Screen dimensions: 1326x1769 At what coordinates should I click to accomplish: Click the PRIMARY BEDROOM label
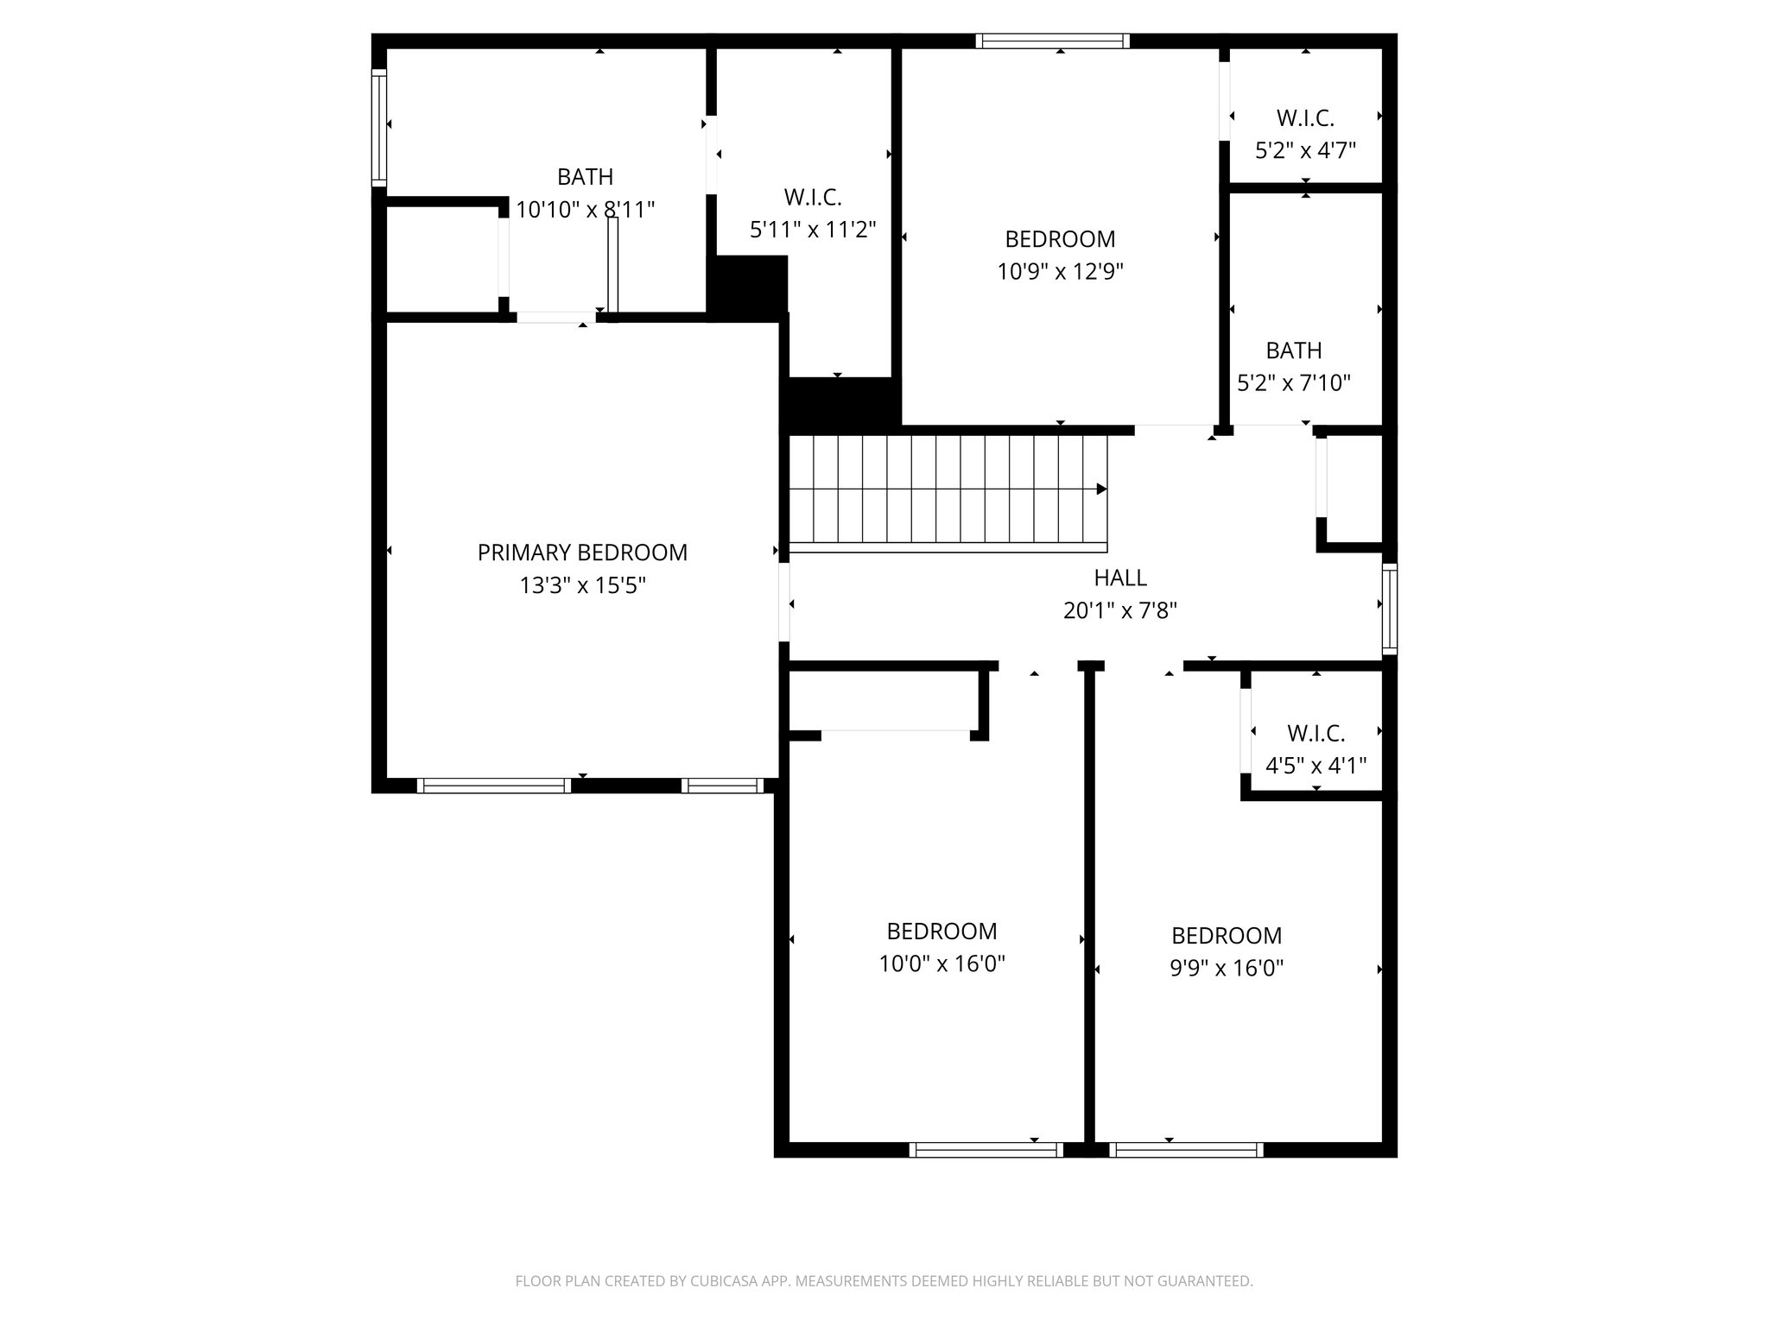[x=582, y=552]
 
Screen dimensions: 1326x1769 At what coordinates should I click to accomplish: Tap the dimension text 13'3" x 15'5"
[x=582, y=586]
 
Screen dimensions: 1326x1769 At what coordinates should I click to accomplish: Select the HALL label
[x=1120, y=578]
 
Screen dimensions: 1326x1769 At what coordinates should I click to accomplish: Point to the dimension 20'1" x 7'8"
[x=1120, y=611]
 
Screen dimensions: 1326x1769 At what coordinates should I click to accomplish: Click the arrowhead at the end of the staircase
[x=1101, y=489]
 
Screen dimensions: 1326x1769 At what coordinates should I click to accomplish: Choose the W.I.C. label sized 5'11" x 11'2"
[x=813, y=198]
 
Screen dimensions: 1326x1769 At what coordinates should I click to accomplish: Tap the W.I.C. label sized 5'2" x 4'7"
[x=1305, y=118]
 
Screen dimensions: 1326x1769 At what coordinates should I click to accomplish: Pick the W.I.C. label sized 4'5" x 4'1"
[x=1316, y=734]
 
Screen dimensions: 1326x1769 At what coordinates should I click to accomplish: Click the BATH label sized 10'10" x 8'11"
[x=585, y=177]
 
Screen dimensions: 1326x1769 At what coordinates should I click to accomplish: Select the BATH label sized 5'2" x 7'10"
[x=1293, y=350]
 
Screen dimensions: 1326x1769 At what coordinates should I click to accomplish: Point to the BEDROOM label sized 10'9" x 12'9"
[x=1060, y=239]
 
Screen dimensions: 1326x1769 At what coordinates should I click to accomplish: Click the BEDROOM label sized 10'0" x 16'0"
[x=942, y=931]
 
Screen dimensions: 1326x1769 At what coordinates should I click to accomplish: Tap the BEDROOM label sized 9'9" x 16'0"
[x=1226, y=936]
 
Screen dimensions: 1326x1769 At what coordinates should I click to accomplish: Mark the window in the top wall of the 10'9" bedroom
[x=1052, y=41]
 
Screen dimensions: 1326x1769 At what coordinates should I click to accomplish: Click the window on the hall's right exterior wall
[x=1389, y=608]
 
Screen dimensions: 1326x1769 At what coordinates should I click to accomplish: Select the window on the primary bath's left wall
[x=378, y=128]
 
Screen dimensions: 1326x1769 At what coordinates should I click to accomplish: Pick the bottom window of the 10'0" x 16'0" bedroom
[x=986, y=1149]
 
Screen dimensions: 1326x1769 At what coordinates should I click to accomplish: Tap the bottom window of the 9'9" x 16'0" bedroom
[x=1186, y=1149]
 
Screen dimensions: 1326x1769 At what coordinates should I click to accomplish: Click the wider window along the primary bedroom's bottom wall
[x=494, y=786]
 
